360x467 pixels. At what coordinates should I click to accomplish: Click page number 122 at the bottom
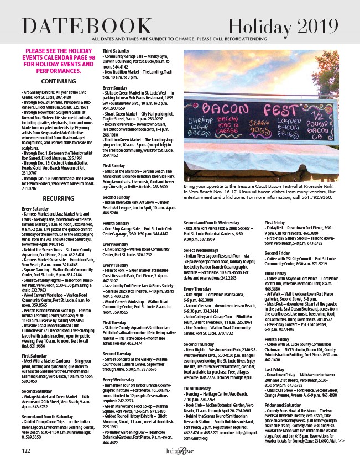pyautogui.click(x=26, y=452)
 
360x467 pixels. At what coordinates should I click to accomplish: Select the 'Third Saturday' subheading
pyautogui.click(x=116, y=51)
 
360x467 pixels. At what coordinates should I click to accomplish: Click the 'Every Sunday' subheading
pyautogui.click(x=114, y=87)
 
